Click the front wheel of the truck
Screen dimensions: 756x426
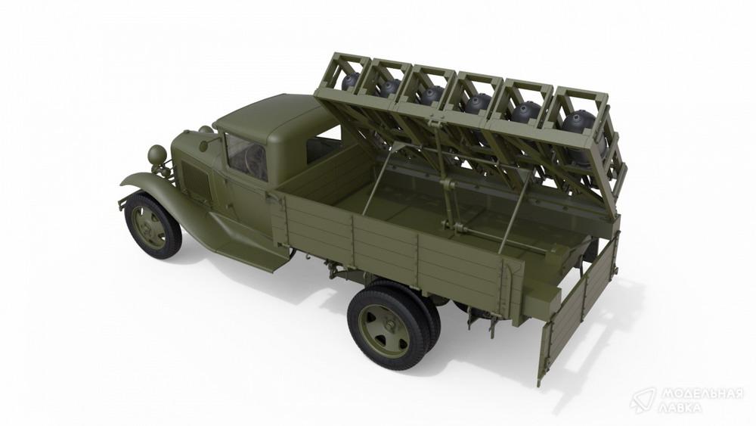(153, 225)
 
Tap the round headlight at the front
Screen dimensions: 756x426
(157, 154)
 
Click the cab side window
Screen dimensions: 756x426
(246, 155)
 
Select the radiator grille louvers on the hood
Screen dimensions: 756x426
(196, 181)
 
